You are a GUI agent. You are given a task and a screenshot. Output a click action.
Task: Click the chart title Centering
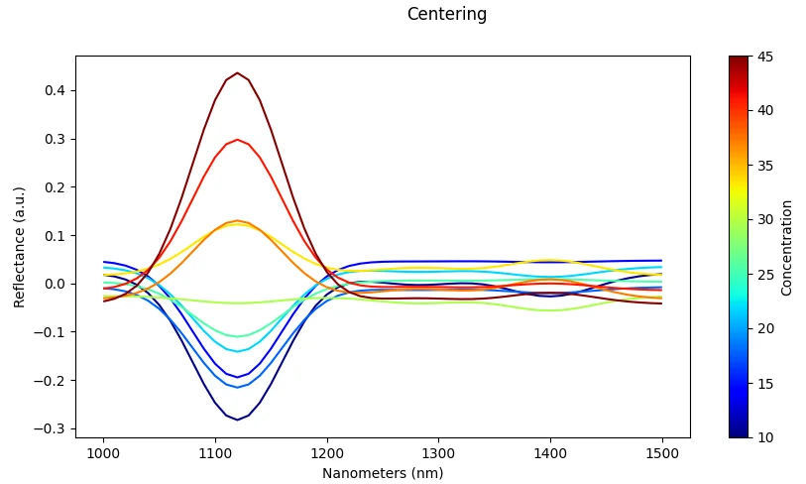[447, 15]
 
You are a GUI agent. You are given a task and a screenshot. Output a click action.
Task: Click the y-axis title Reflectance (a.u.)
[19, 247]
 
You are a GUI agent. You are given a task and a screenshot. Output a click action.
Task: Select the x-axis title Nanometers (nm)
[383, 473]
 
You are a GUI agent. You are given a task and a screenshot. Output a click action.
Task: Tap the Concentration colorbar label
[786, 247]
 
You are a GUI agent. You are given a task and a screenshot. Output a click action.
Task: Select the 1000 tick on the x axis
[104, 453]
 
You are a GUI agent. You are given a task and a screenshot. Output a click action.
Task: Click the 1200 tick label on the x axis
[327, 453]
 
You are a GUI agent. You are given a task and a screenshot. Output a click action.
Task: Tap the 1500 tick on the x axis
[662, 453]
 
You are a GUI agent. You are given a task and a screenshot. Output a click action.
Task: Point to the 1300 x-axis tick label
[439, 453]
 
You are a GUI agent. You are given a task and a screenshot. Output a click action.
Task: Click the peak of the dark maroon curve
[238, 73]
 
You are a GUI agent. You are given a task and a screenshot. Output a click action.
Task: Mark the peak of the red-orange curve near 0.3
[238, 140]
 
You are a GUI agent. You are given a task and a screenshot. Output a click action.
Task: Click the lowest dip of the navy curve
[238, 420]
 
